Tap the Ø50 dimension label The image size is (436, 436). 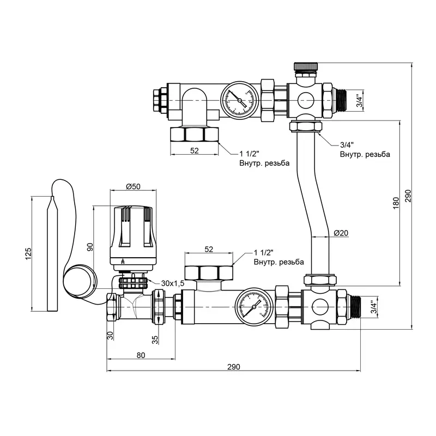(133, 186)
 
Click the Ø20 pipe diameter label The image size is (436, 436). (341, 233)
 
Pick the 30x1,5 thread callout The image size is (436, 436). (173, 283)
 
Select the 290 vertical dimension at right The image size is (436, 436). (408, 195)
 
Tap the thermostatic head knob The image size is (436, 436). (134, 232)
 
